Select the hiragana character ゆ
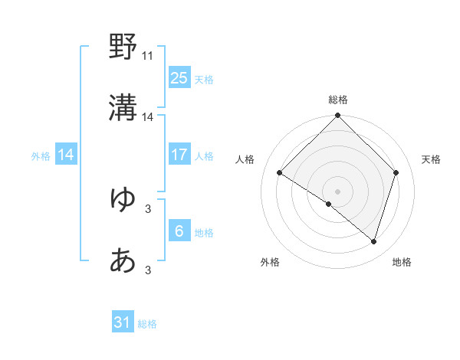[123, 199]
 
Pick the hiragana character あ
[123, 261]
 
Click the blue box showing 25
[179, 78]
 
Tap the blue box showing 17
[179, 155]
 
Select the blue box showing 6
[179, 231]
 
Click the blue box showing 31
[123, 323]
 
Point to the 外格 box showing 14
[66, 155]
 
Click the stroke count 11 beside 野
[148, 56]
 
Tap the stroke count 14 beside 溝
[148, 117]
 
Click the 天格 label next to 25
[204, 79]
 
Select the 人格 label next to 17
[204, 155]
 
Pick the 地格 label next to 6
[204, 232]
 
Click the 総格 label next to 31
[148, 324]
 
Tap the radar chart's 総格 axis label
[337, 100]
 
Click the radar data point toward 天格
[396, 172]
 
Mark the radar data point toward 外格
[329, 204]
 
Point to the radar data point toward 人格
[280, 173]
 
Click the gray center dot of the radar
[337, 191]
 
